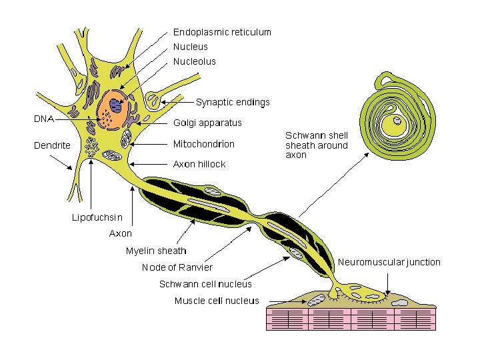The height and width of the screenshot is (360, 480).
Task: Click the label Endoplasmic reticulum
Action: coord(222,32)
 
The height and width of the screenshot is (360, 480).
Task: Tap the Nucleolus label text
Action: coord(195,61)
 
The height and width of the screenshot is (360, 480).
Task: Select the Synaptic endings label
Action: coord(233,102)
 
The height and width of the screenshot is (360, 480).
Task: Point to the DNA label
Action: coord(44,119)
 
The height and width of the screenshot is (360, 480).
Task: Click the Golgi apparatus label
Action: coord(207,123)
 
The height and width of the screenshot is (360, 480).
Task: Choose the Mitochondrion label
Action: coord(204,143)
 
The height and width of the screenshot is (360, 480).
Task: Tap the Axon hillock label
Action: coord(199,164)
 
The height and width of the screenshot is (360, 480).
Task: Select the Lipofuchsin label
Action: coord(97,217)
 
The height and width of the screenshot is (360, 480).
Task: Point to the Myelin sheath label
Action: coord(156,251)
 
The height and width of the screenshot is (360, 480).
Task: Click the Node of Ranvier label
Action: coord(177,267)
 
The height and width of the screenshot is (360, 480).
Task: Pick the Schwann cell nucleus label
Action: coord(205,284)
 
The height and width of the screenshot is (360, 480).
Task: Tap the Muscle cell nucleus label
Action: coord(217,301)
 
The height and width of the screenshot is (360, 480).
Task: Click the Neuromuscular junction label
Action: coord(389,262)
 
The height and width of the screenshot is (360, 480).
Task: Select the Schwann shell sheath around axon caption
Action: coord(316,145)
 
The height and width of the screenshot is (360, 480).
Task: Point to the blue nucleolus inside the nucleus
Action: coord(117,105)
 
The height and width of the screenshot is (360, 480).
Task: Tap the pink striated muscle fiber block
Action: coord(349,318)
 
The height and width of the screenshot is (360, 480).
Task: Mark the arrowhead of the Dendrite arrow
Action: coord(73,171)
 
